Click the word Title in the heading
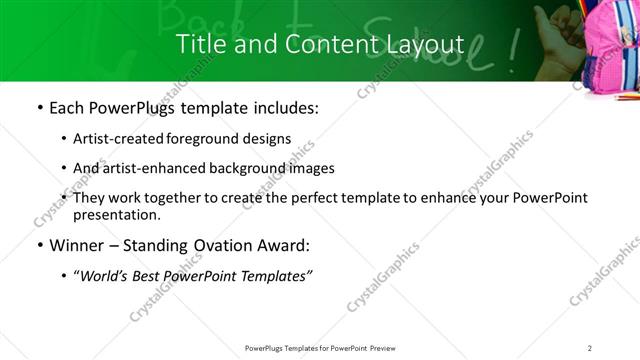[200, 44]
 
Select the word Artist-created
[120, 139]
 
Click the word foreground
[202, 139]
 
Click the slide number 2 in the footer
[589, 347]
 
